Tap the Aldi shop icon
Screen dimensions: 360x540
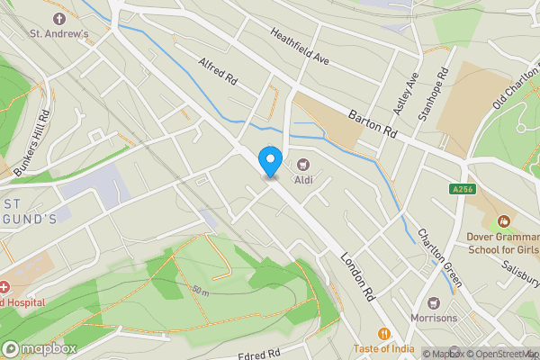click(303, 164)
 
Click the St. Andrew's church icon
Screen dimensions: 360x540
click(60, 19)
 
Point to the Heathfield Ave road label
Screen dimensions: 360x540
click(301, 46)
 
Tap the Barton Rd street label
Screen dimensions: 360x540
click(372, 120)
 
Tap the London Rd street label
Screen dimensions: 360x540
click(357, 274)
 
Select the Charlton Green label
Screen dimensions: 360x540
click(440, 257)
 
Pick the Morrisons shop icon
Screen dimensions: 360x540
click(436, 303)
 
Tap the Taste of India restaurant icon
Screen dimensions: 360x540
click(384, 332)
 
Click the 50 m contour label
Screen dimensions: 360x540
click(200, 292)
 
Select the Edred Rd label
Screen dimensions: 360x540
click(261, 354)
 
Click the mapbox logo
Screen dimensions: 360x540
click(38, 348)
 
